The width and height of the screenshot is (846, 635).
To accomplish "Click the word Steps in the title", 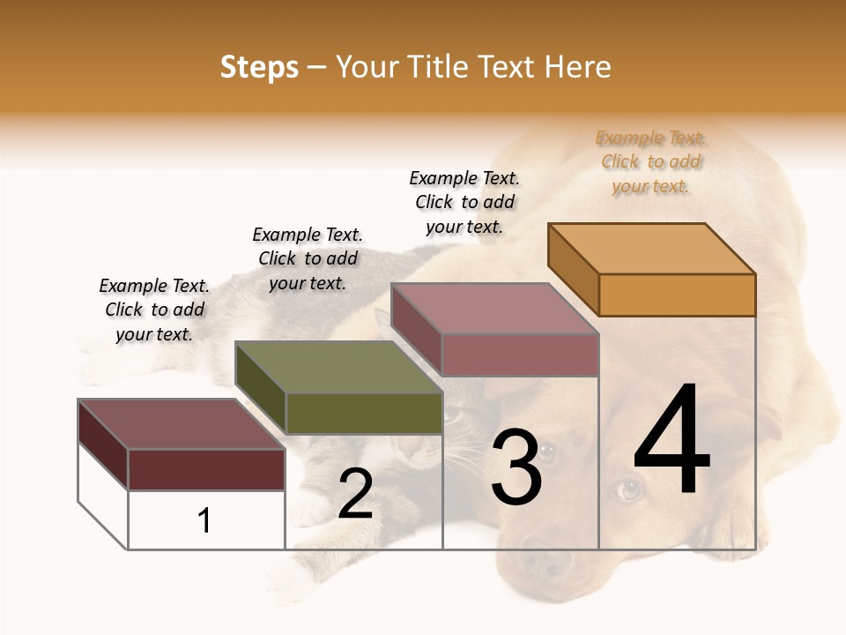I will pyautogui.click(x=259, y=67).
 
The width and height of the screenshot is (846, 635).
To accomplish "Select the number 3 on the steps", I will pyautogui.click(x=516, y=467).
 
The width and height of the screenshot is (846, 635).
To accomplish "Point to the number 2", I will pyautogui.click(x=355, y=494).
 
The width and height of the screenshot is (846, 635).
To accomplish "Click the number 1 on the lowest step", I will pyautogui.click(x=204, y=520).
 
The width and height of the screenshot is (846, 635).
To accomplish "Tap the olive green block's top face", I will pyautogui.click(x=338, y=367).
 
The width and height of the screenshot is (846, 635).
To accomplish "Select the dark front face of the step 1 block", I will pyautogui.click(x=206, y=469).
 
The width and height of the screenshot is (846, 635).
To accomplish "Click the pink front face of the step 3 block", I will pyautogui.click(x=520, y=355).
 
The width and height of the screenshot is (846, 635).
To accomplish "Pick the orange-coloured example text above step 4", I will pyautogui.click(x=651, y=161).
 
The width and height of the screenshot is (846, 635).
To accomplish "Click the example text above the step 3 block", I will pyautogui.click(x=464, y=202).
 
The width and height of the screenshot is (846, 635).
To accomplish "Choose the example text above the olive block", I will pyautogui.click(x=308, y=258).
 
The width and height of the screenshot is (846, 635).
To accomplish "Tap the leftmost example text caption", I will pyautogui.click(x=154, y=310).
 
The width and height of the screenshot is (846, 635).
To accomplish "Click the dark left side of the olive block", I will pyautogui.click(x=260, y=387).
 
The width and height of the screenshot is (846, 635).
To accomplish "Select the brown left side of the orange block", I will pyautogui.click(x=573, y=269).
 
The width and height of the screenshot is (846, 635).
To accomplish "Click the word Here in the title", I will pyautogui.click(x=577, y=67).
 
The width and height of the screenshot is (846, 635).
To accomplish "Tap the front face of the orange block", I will pyautogui.click(x=677, y=295).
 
